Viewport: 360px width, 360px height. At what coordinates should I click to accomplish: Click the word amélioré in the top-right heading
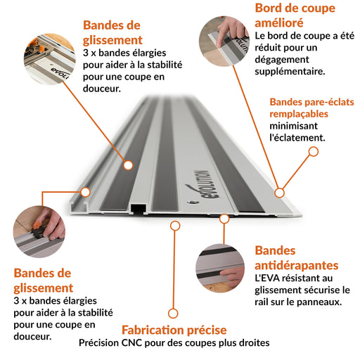(279, 23)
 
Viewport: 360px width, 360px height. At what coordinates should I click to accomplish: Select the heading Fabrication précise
(174, 330)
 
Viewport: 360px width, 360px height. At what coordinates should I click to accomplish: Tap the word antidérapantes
(297, 266)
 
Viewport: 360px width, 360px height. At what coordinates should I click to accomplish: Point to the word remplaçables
(299, 114)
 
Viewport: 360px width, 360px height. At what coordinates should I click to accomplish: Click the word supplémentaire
(290, 72)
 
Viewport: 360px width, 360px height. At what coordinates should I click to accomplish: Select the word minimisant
(293, 126)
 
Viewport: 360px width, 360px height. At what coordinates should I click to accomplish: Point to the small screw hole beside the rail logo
(193, 202)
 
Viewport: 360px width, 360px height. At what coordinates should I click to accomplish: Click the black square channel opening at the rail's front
(139, 209)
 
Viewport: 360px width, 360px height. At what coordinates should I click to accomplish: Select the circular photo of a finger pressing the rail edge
(224, 41)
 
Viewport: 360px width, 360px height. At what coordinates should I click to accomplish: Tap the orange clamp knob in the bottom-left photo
(37, 226)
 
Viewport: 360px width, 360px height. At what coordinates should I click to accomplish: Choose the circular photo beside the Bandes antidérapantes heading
(220, 268)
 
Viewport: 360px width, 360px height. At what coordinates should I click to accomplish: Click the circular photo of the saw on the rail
(49, 59)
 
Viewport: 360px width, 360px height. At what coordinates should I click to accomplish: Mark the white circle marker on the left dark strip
(128, 165)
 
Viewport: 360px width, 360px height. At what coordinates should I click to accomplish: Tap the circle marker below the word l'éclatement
(314, 152)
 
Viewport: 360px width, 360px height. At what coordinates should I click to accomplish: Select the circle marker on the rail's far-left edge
(86, 192)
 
